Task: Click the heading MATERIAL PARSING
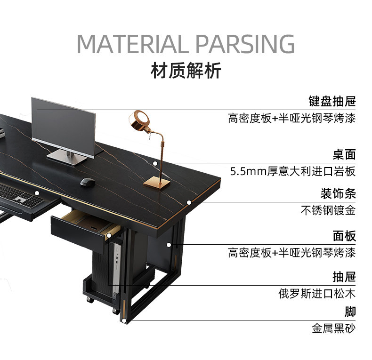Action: pos(186,44)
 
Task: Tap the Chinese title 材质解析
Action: pos(186,71)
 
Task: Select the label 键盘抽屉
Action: pos(332,101)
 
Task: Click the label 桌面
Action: pos(344,155)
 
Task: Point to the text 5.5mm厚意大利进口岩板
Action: pos(293,171)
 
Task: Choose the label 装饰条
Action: pos(338,193)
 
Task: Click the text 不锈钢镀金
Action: pos(328,210)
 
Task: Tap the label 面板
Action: pos(344,236)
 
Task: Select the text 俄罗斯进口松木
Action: pos(317,294)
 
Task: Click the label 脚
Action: pos(350,312)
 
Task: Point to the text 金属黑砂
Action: pos(333,328)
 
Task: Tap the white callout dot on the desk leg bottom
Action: pos(124,321)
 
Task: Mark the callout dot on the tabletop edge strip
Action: pos(189,203)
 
